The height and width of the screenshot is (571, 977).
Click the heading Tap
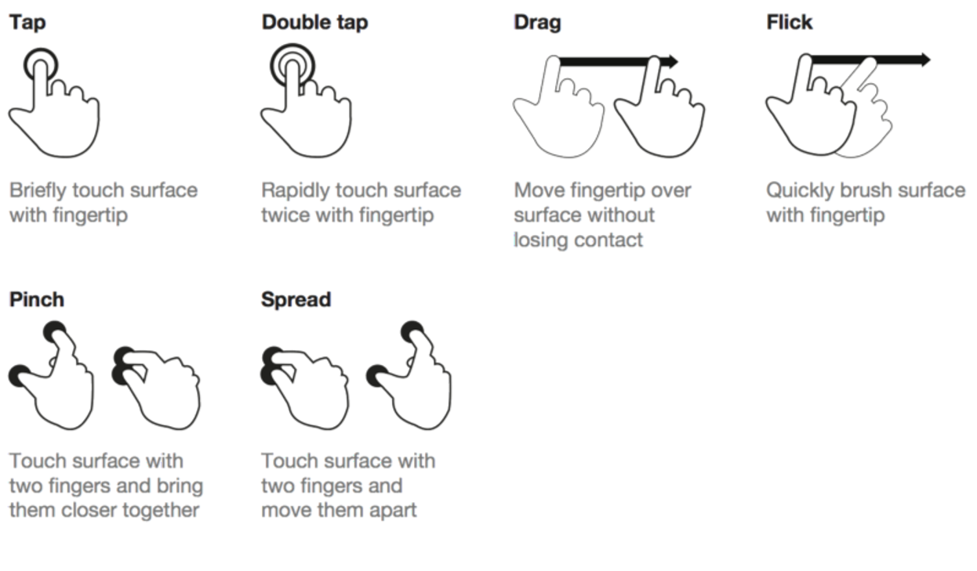27,23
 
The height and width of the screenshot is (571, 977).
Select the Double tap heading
314,23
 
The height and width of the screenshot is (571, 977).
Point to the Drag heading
537,23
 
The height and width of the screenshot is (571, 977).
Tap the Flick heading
790,22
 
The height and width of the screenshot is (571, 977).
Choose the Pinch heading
37,300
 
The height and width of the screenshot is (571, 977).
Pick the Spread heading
296,300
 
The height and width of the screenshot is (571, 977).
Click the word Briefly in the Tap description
38,191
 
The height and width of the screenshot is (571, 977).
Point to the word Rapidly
296,191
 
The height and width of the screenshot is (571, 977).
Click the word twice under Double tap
285,215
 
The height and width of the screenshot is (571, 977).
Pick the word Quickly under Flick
801,191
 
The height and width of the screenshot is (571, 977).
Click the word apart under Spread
393,511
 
